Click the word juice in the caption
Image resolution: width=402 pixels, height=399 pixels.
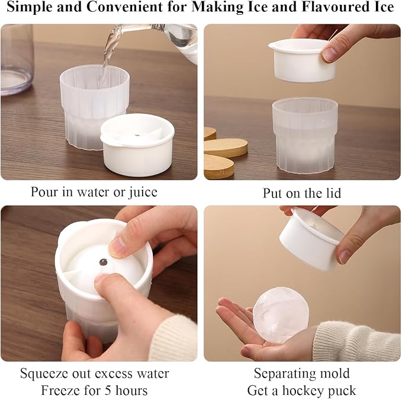[143, 192]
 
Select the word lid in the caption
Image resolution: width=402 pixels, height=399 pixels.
[333, 193]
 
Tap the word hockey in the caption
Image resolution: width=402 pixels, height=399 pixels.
[304, 391]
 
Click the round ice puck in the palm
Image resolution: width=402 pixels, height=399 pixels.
[281, 315]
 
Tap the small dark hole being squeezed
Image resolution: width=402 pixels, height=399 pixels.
[104, 262]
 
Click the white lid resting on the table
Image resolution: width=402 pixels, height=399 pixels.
[137, 145]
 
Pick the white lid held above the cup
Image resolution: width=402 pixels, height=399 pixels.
[303, 60]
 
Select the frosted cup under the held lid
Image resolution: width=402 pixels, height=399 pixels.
[305, 135]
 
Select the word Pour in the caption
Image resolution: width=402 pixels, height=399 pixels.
[45, 192]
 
